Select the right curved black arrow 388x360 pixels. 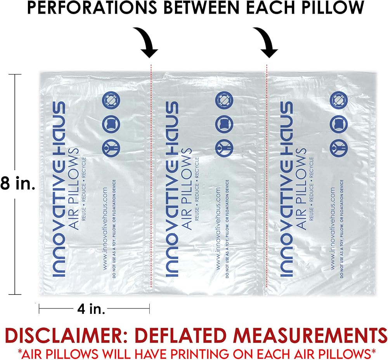pos(268,41)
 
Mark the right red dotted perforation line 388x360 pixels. pos(267,175)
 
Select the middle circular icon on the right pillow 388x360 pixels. pos(336,123)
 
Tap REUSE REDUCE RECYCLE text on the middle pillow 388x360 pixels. pos(197,188)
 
